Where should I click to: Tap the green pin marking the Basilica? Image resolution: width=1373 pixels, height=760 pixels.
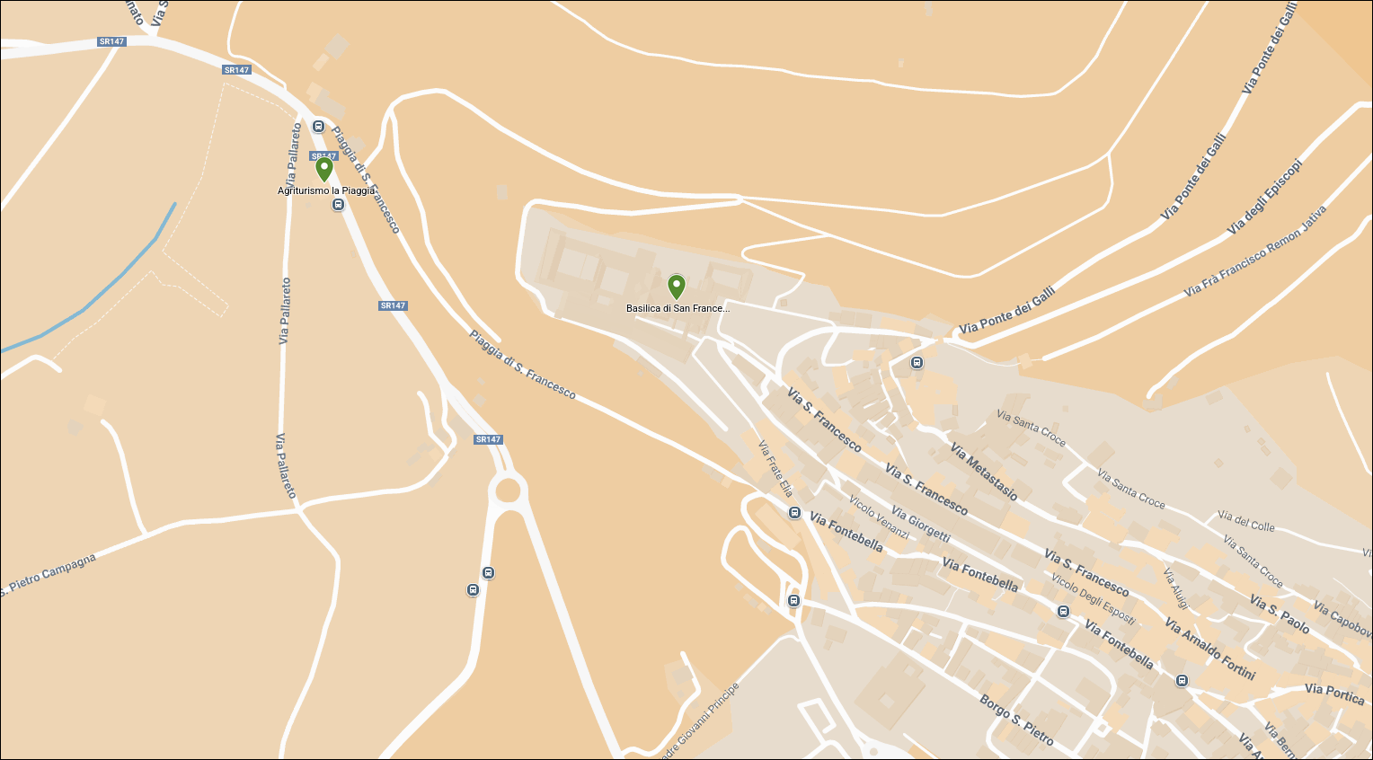677,287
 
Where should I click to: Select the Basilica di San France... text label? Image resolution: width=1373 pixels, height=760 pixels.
678,308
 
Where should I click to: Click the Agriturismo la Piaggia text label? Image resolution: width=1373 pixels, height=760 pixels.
326,190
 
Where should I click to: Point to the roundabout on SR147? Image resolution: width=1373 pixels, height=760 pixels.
508,490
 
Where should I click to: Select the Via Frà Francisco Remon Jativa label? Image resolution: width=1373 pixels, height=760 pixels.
1254,252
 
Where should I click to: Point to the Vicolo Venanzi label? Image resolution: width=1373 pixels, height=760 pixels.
879,517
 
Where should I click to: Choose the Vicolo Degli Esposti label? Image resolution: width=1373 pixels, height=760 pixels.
1093,598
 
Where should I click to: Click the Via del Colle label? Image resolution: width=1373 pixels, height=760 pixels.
1245,521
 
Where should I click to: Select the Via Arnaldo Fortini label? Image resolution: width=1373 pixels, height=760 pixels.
1209,648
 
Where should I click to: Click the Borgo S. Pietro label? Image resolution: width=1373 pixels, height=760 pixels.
1016,720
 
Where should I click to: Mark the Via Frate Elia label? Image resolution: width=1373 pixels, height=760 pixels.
775,469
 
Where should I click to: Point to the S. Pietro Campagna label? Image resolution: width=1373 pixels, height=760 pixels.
49,575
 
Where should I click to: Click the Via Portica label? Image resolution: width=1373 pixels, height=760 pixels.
1334,694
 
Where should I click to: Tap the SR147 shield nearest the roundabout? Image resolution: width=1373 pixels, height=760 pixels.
488,439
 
